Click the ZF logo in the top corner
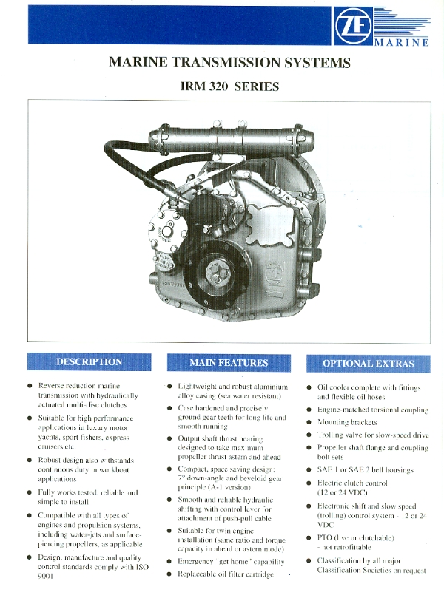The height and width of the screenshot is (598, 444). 353,26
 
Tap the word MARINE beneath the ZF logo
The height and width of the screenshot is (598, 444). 402,42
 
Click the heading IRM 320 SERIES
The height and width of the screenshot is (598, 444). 229,86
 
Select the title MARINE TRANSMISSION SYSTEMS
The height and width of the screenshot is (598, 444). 229,62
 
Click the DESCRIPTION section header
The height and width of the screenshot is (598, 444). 90,361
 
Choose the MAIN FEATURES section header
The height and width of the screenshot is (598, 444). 229,363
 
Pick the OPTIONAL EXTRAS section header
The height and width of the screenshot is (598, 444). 369,364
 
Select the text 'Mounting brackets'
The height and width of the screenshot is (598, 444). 347,422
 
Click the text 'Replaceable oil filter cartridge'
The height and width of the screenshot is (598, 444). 226,574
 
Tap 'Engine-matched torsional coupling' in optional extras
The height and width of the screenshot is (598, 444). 373,410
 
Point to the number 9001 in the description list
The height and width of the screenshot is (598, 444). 45,577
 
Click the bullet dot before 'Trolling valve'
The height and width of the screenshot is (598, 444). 309,435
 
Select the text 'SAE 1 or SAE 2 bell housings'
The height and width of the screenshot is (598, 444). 366,470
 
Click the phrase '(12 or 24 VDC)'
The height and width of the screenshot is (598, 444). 342,492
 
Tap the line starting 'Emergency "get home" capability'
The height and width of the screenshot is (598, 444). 231,562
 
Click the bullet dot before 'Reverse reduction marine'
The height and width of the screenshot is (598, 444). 30,386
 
